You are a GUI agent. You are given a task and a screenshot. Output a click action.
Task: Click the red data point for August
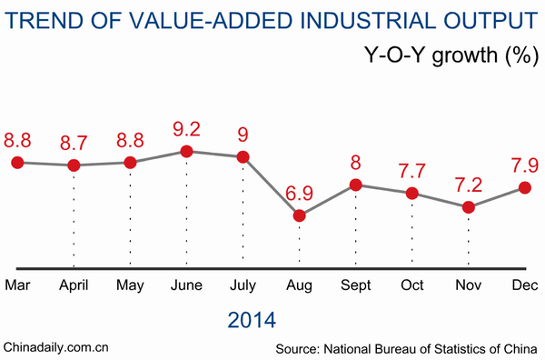pos(300,215)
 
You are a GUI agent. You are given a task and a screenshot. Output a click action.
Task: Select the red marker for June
pos(186,151)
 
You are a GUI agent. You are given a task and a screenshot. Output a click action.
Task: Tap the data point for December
pos(525,187)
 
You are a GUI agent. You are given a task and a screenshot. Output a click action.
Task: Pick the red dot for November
pos(469,207)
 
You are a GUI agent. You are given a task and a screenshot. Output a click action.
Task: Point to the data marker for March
pos(17,162)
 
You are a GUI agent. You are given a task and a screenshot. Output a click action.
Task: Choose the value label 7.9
pos(524,165)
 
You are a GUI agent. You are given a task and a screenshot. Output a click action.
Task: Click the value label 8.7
pos(74,143)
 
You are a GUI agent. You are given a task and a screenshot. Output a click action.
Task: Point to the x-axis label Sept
pos(356,286)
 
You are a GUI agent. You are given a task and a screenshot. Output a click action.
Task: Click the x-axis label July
pos(243,286)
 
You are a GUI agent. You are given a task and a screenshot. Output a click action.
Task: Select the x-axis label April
pos(74,286)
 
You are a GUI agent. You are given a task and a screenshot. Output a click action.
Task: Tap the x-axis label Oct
pos(412,286)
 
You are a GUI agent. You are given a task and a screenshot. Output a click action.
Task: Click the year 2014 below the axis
pos(252,320)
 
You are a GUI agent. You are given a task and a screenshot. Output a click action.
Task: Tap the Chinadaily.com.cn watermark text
pos(56,346)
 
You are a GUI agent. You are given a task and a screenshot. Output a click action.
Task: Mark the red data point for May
pos(130,162)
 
